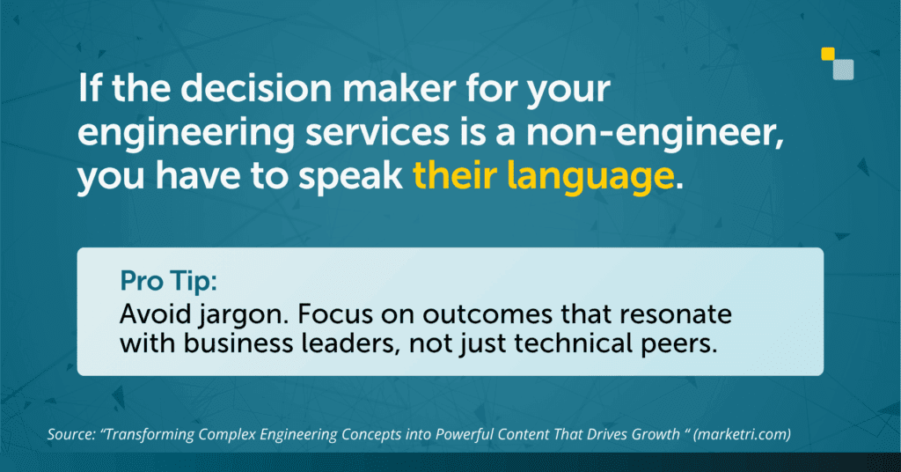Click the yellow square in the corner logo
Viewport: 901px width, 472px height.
(x=828, y=54)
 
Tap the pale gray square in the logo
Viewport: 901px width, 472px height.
(x=844, y=70)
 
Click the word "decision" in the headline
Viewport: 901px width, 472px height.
(x=260, y=89)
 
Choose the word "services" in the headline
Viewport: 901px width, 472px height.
(x=377, y=132)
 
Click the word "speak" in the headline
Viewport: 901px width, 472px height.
(x=350, y=178)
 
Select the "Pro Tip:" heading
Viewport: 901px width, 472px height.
(x=168, y=282)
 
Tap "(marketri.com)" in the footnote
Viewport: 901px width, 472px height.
(x=742, y=435)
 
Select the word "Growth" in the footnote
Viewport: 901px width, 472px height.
(x=656, y=434)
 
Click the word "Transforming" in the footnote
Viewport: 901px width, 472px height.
(x=148, y=435)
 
